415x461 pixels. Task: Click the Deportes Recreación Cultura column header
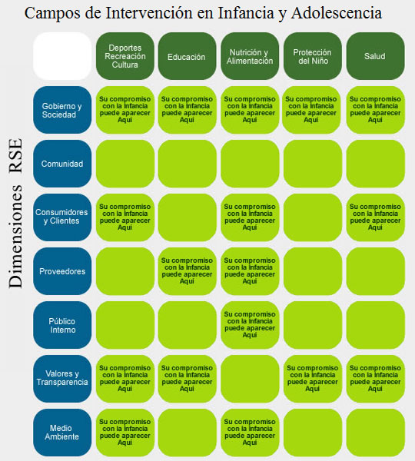125,56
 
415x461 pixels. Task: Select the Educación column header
187,56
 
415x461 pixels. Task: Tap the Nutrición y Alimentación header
250,56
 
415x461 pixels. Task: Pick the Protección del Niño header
312,56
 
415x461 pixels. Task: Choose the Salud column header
375,56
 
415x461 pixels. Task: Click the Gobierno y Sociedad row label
62,110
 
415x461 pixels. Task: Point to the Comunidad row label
62,164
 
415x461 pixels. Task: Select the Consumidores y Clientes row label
62,217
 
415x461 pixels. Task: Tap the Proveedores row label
62,271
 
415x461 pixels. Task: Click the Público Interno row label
62,325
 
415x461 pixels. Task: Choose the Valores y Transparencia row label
62,379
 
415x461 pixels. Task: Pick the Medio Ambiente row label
62,433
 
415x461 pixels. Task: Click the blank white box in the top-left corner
62,56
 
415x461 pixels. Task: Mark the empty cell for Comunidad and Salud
375,164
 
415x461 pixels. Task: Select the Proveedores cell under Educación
187,271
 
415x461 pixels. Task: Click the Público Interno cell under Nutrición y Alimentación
250,325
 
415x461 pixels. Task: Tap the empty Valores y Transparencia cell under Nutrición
250,379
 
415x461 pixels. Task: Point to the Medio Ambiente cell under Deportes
125,433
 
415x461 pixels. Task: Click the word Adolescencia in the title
337,12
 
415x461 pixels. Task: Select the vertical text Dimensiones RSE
15,213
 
